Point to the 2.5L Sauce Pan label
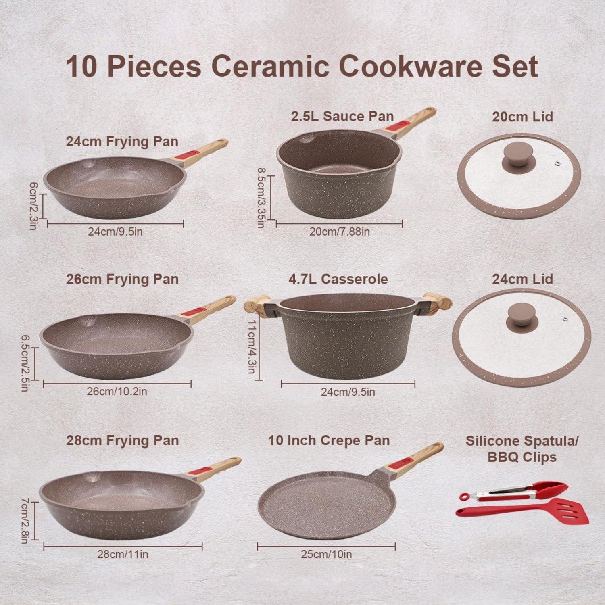(x=342, y=116)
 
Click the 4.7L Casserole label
(x=338, y=279)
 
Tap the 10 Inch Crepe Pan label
(x=329, y=440)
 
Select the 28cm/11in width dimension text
(x=123, y=554)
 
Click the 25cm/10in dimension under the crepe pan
(x=326, y=554)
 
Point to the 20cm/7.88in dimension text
(x=340, y=232)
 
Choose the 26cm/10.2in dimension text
(x=117, y=391)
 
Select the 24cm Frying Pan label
(x=122, y=142)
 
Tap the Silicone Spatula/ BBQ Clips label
(x=522, y=449)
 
